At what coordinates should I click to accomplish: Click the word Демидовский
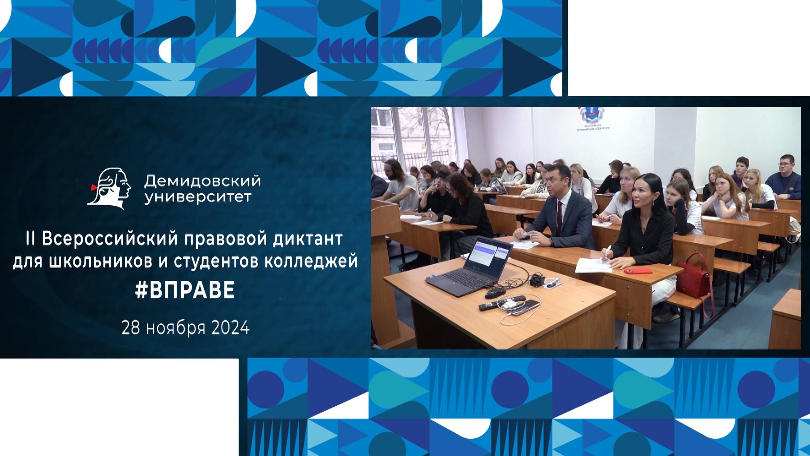click(x=202, y=181)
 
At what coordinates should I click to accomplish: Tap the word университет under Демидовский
click(x=197, y=197)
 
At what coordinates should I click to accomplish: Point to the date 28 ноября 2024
click(x=185, y=328)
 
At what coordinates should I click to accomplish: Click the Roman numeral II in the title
click(x=30, y=239)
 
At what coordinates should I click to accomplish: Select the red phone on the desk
click(x=638, y=271)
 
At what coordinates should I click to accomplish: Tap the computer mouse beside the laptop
click(x=494, y=292)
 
